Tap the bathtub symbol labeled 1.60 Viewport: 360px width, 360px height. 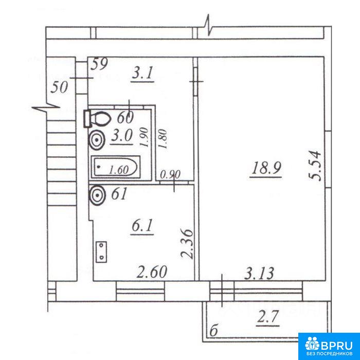point(116,167)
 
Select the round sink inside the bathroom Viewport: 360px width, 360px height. point(97,140)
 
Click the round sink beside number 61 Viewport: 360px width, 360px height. point(97,195)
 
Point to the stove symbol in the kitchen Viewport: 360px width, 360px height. point(101,252)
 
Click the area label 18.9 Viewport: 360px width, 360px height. point(266,169)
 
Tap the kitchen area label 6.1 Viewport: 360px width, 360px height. point(142,226)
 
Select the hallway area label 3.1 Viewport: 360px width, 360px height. point(142,74)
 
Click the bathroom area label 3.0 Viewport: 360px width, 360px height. point(122,137)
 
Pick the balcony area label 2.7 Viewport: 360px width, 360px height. point(268,318)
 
